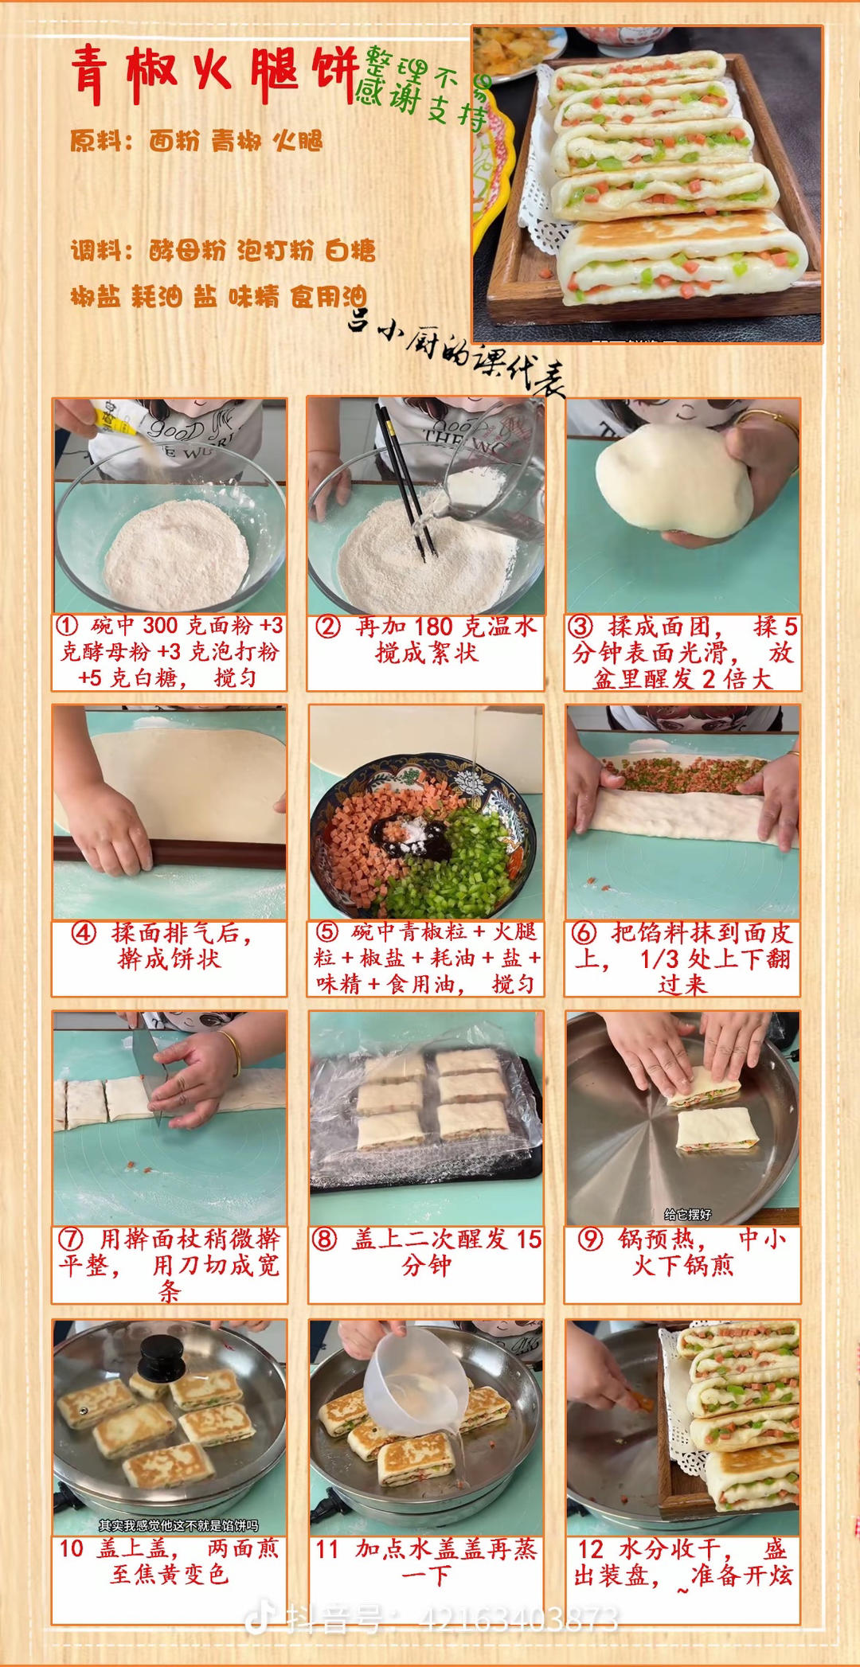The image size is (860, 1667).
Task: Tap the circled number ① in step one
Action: [x=67, y=627]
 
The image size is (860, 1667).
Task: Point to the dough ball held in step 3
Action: [x=673, y=478]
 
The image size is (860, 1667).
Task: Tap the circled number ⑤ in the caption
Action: [x=326, y=932]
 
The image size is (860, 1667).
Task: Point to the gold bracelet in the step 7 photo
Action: [x=232, y=1052]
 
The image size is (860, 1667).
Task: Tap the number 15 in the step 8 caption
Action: [x=529, y=1240]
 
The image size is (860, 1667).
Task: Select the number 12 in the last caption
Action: [x=590, y=1549]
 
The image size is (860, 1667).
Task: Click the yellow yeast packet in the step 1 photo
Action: [x=115, y=421]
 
